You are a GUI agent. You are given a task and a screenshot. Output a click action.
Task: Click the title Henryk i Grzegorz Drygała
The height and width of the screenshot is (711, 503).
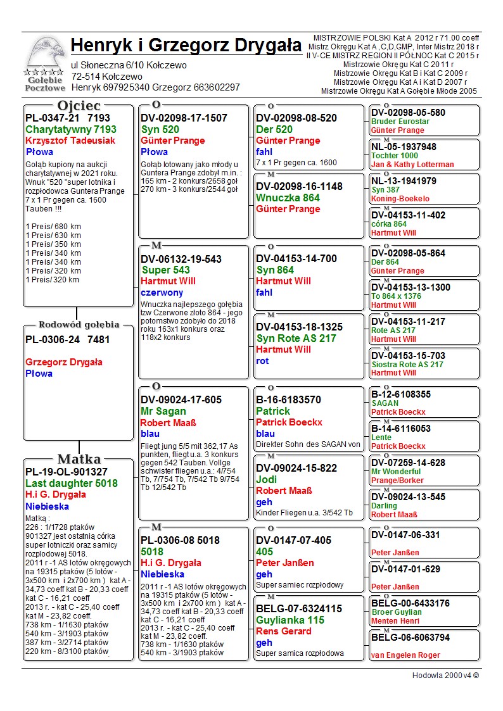coord(186,46)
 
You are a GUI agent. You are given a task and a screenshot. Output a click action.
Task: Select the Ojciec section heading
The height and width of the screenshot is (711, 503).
coord(79,105)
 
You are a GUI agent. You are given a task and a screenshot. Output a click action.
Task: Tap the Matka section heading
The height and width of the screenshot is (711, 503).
coord(79,459)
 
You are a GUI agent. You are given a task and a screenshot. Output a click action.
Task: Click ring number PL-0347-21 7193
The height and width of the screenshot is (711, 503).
coord(68,118)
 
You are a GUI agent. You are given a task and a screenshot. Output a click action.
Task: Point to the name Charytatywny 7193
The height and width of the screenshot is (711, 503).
coord(71,129)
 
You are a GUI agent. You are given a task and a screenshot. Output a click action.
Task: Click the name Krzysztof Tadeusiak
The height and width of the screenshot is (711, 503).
coord(70,141)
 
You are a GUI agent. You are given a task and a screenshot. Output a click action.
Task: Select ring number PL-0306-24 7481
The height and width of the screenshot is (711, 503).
coord(68,339)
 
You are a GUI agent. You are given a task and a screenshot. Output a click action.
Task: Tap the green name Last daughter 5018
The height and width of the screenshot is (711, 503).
coord(71,483)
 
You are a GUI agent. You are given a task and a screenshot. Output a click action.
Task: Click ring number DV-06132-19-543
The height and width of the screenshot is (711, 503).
coord(181,258)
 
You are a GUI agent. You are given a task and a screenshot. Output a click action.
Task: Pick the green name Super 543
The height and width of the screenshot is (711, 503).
coord(165,270)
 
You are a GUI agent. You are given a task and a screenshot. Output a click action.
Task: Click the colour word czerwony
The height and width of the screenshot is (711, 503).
coord(162,293)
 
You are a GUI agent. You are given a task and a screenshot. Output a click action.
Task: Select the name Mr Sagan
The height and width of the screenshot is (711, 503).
coord(163,411)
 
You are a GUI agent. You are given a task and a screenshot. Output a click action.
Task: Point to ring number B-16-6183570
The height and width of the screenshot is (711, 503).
coord(288,400)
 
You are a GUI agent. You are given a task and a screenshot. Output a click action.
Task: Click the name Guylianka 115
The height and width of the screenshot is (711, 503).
coord(290,620)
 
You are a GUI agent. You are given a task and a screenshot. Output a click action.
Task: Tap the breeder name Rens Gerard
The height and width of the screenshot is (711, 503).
coord(284,631)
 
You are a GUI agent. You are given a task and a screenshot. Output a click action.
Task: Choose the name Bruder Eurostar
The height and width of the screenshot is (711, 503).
coord(400,122)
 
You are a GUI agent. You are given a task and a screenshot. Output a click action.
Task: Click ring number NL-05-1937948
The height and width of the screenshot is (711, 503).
coord(404,147)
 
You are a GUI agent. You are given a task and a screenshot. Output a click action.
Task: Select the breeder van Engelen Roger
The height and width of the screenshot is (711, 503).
coord(405,655)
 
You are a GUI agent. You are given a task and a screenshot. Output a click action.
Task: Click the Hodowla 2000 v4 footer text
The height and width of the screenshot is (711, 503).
coord(445,676)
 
